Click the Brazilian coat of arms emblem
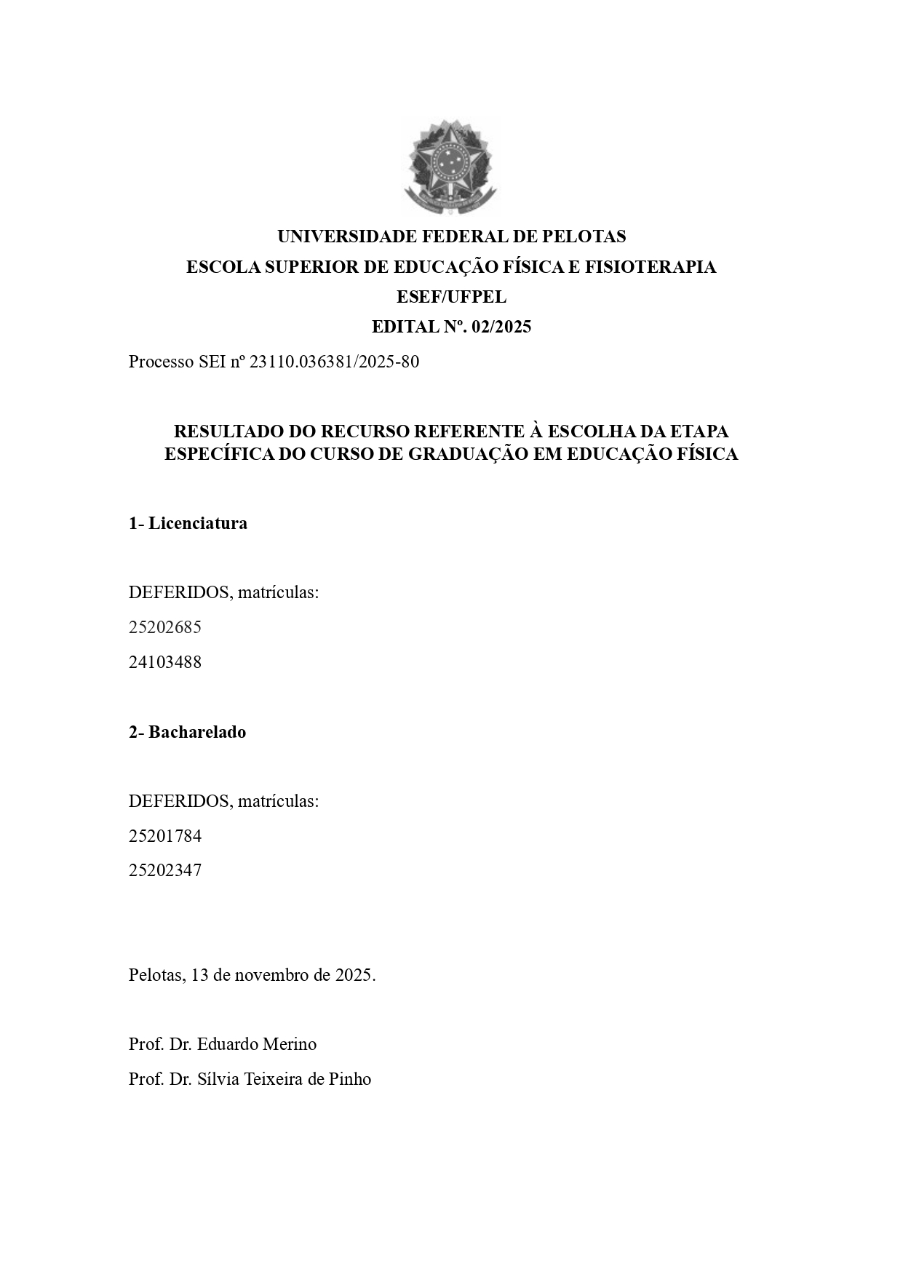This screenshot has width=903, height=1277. [451, 168]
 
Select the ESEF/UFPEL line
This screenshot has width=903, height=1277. [451, 297]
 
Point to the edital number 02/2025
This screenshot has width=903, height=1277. [501, 327]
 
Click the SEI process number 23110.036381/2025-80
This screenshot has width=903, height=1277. [334, 362]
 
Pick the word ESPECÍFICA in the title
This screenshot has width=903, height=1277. [210, 454]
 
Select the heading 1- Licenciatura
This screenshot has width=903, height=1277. [188, 523]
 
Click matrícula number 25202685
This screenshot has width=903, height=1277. [165, 627]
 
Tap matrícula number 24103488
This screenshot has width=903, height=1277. [165, 662]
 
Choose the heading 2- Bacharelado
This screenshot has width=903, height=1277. [187, 732]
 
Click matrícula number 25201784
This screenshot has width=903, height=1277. [165, 836]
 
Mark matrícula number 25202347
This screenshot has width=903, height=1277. [165, 870]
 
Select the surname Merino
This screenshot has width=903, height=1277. [291, 1044]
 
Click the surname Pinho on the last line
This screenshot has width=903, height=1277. [349, 1079]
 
